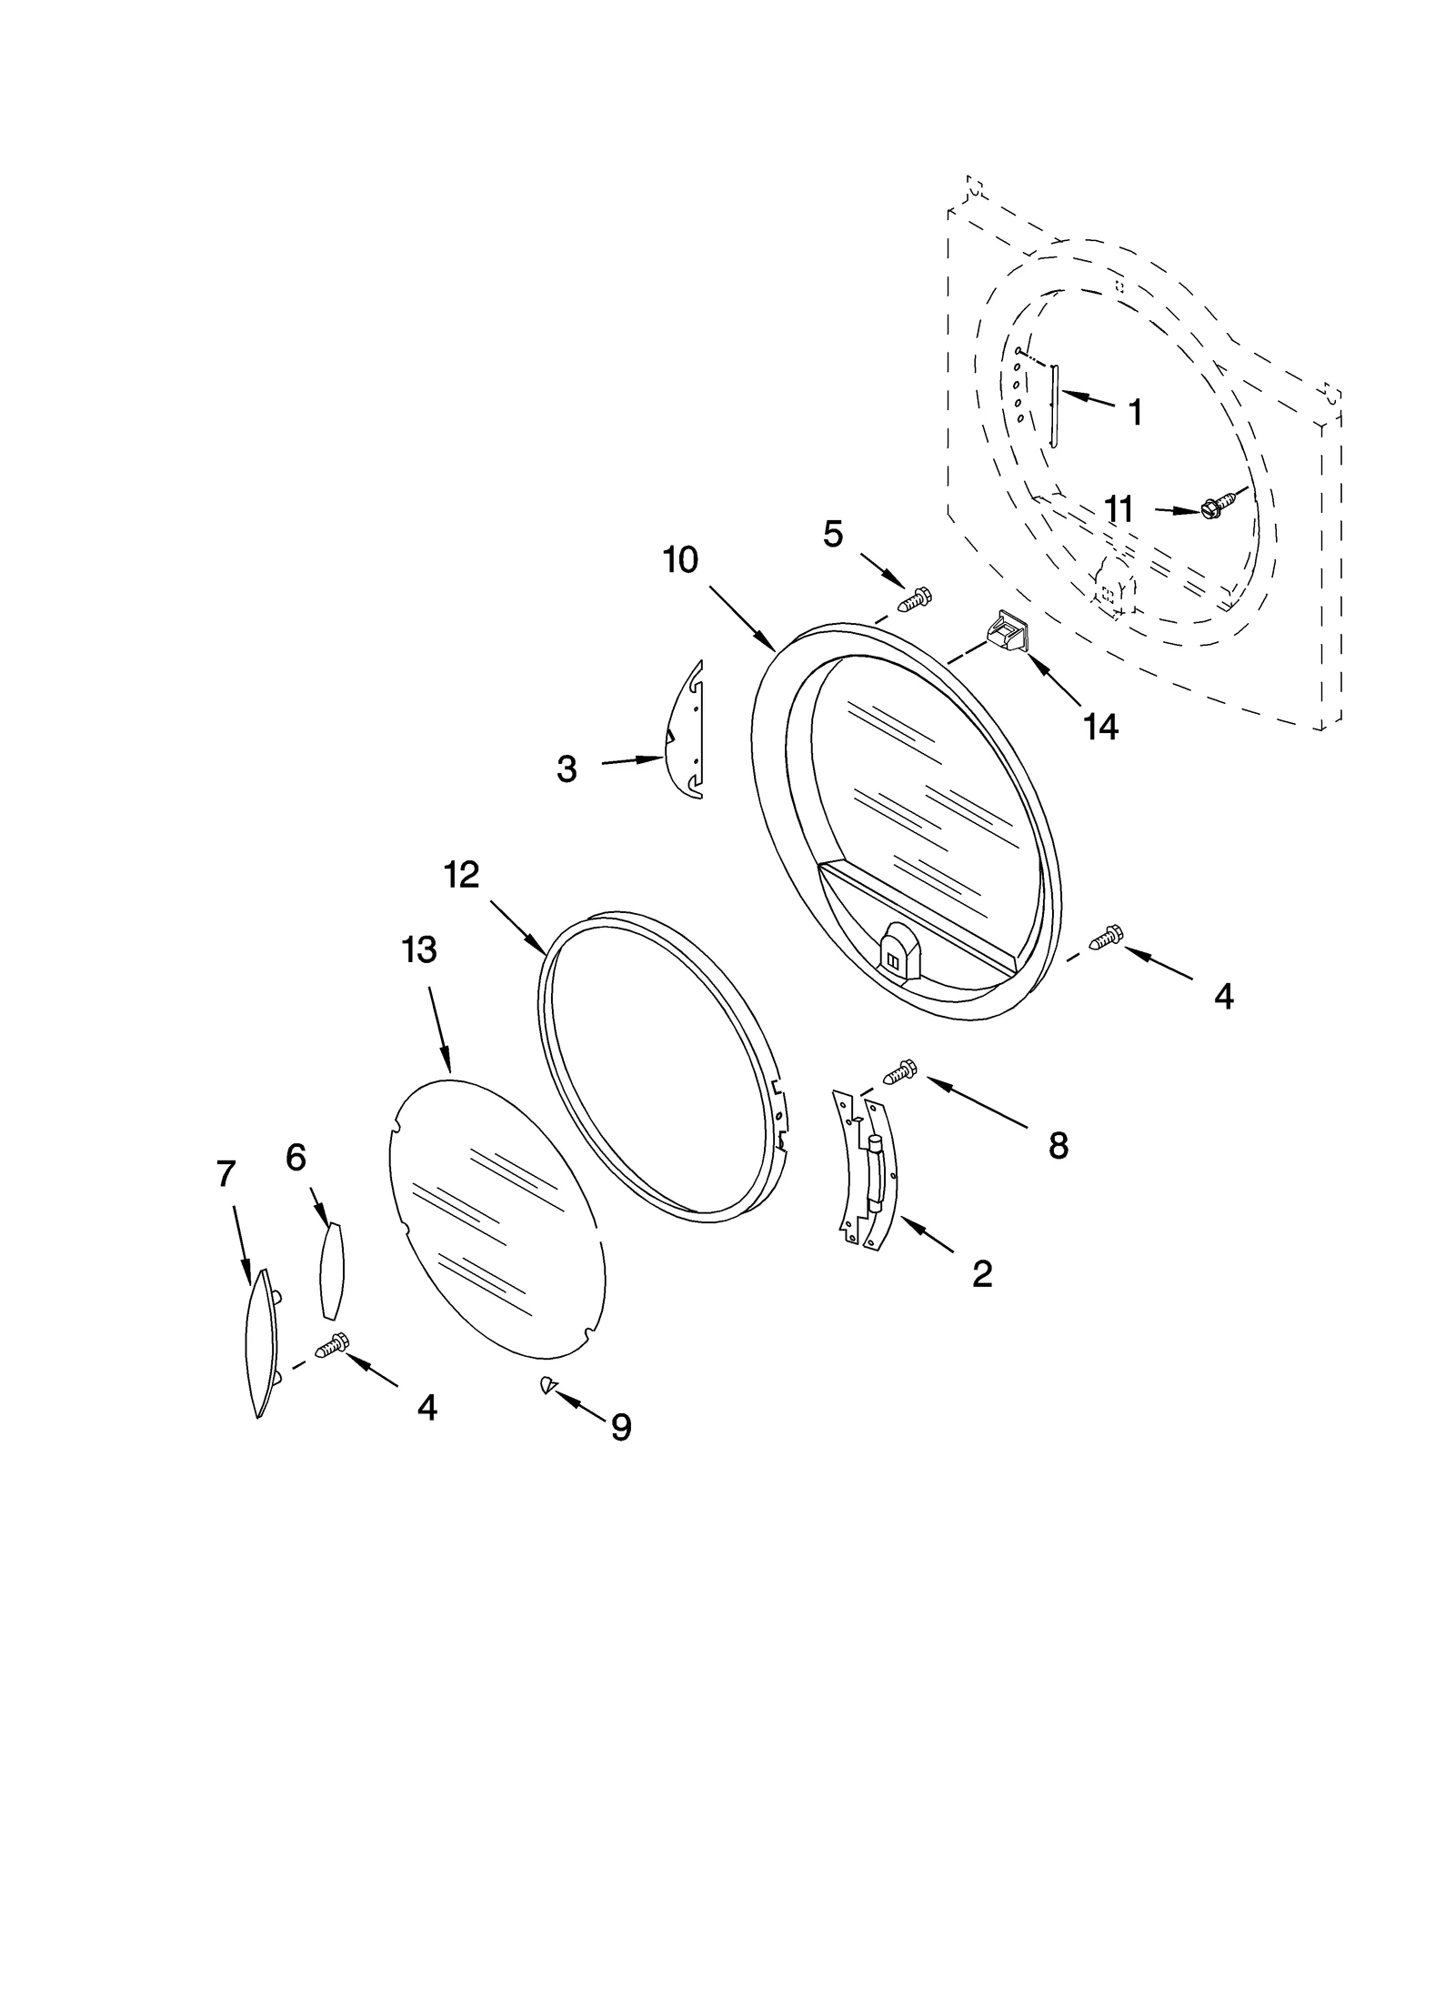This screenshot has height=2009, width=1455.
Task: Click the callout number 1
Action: [1134, 413]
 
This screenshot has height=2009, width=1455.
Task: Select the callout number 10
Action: [680, 560]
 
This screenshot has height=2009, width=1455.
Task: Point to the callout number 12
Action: [461, 875]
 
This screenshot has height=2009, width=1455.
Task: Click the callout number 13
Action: [419, 949]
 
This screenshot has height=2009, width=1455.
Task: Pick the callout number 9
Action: [621, 1427]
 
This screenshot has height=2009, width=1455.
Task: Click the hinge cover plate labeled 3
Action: [684, 732]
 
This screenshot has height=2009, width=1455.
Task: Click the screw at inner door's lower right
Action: [1107, 937]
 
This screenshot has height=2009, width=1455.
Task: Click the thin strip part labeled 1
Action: [1054, 406]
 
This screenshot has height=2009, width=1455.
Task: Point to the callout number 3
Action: [567, 769]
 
